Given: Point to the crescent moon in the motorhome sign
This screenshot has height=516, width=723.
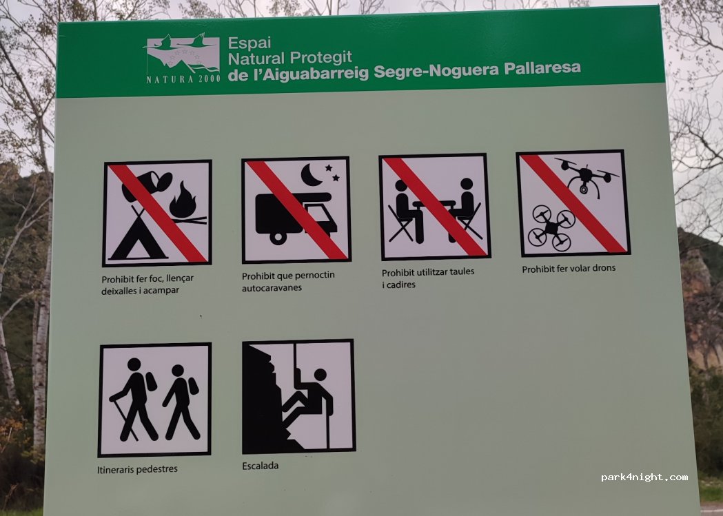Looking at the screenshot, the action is pos(311,175).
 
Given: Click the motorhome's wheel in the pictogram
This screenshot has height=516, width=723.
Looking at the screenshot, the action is pos(278,238).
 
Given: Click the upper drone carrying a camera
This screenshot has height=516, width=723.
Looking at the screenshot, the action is pos(587,177).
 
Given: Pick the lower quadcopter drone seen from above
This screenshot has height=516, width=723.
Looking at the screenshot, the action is pos(551,227).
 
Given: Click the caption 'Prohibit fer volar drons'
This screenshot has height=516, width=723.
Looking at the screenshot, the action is pos(569,269).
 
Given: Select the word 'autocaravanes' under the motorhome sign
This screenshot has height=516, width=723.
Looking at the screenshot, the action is pos(272,288).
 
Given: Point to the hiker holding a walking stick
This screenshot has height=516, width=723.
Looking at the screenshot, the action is pos(134,399).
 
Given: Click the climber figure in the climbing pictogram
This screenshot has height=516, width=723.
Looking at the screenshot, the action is pos(308,402).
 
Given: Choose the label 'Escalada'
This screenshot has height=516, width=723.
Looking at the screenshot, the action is pos(260,466).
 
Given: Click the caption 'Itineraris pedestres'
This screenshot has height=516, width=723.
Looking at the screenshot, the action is pos(137,469).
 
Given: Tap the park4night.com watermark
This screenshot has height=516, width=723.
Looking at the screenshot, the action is pos(644,477).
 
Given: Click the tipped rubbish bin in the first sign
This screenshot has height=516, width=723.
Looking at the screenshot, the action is pos(147,185).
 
